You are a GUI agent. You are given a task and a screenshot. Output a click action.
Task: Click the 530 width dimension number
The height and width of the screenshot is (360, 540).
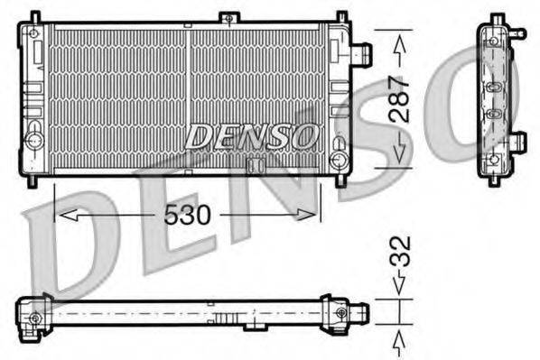tap(187, 216)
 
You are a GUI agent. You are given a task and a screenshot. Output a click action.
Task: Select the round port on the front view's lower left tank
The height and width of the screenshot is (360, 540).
tap(34, 141)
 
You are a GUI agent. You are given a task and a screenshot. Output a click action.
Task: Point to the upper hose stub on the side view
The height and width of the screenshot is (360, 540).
tap(517, 32)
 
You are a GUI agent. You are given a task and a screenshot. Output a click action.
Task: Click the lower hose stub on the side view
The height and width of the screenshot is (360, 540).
tap(517, 141)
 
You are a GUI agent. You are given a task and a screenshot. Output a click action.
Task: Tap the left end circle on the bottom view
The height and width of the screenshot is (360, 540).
tap(35, 318)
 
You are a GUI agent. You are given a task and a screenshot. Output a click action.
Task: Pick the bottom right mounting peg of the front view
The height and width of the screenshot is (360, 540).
tap(340, 180)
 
